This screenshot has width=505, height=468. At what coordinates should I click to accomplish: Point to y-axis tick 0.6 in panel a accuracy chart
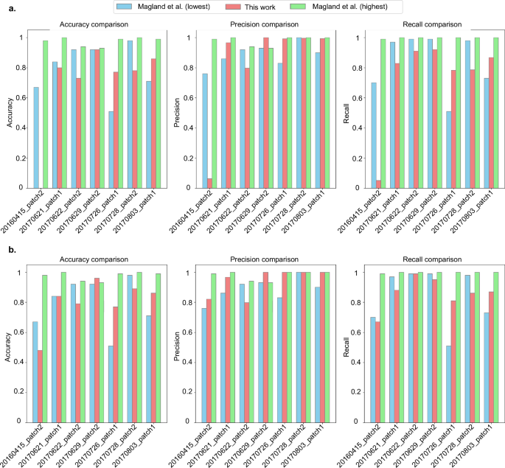tap(21, 97)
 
